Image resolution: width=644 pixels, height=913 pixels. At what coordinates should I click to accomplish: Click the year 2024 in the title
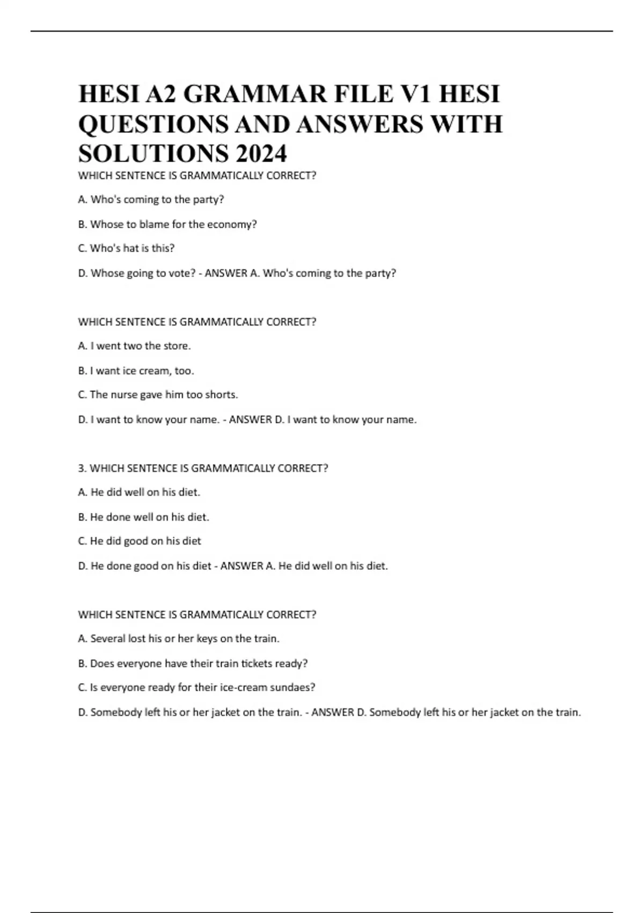(x=261, y=154)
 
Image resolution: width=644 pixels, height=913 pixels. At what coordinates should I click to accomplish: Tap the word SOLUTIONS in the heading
(x=153, y=154)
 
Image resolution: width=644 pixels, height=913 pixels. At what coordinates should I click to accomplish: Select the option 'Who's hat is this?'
(x=126, y=249)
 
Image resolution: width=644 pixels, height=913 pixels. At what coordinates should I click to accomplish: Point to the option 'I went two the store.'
(x=134, y=346)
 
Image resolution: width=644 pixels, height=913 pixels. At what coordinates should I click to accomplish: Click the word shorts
(x=221, y=395)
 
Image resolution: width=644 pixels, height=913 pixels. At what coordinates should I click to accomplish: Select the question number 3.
(x=82, y=468)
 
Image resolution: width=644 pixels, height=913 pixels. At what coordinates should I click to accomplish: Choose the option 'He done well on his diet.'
(x=143, y=517)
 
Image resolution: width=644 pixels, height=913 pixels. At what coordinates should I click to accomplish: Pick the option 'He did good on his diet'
(x=140, y=541)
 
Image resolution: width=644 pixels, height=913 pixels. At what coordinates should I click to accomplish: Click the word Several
(x=108, y=639)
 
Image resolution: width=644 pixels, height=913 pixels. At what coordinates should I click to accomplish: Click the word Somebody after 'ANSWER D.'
(x=395, y=713)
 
